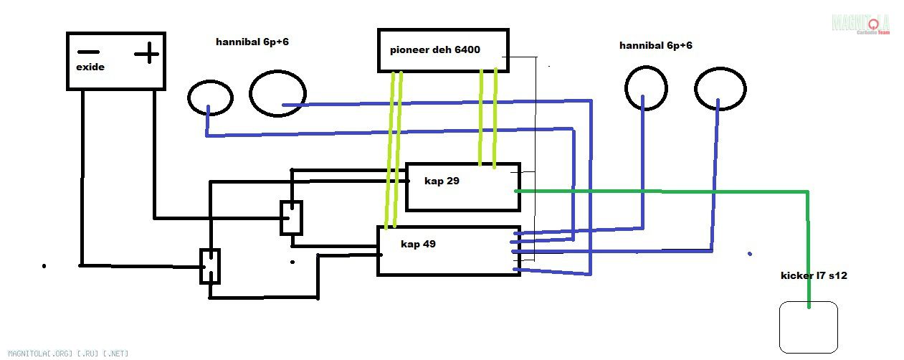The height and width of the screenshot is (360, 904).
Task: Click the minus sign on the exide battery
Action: coord(88,52)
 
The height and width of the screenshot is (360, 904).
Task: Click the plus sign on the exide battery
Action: coord(147,52)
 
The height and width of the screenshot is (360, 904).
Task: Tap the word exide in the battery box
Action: coord(90,67)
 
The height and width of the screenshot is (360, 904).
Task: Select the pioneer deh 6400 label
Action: coord(434,50)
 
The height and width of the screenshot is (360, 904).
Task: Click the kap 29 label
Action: coord(442,181)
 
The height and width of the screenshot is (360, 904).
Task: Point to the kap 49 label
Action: coord(418,244)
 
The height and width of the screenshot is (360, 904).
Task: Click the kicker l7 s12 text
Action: coord(814,275)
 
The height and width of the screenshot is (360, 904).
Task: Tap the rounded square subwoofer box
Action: coord(808,328)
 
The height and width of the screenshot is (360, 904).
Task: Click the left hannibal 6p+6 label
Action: coord(252,42)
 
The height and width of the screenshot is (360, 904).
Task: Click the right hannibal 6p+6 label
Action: coord(655,45)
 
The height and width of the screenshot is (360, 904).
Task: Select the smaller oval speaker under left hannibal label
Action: coord(209,98)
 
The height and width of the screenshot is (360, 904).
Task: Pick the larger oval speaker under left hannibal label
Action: coord(277,93)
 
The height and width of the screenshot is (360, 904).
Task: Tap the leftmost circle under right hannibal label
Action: coord(646,87)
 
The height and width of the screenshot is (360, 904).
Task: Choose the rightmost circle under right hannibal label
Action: coord(720,90)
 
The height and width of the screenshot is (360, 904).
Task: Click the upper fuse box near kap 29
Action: coord(290,217)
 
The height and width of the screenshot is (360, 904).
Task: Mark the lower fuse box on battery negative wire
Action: coord(209,266)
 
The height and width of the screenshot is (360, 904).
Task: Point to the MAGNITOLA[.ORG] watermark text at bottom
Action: coord(65,353)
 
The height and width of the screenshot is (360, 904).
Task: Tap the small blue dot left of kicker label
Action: coord(749,254)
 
